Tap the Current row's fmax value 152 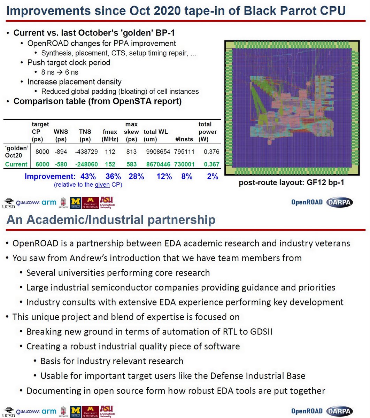tap(110, 164)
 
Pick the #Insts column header tap(184, 139)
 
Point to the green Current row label tap(16, 164)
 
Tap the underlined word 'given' tap(102, 185)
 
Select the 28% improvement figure tap(136, 176)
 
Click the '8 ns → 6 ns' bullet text tap(60, 72)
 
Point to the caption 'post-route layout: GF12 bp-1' tap(291, 183)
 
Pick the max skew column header tap(131, 132)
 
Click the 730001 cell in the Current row tap(184, 164)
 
